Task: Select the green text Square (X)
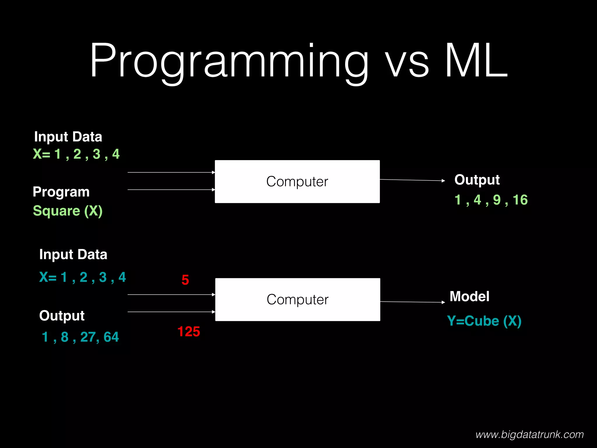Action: coord(68,211)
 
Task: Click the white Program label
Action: coord(61,192)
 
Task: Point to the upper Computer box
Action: coord(297,181)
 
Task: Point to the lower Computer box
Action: coord(297,300)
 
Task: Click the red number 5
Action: coord(185,280)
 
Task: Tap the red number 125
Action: coord(189,332)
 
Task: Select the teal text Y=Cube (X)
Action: coord(484,321)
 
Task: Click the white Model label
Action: coord(469,297)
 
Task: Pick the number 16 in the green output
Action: coord(520,200)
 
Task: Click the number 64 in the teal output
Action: coord(111,337)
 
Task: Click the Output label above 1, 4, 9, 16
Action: coord(477,180)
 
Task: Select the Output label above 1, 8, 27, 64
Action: coord(62,316)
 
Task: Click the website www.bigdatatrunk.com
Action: coord(529,435)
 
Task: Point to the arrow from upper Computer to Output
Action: coord(412,180)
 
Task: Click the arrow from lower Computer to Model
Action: coord(412,302)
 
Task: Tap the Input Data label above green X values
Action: coord(68,137)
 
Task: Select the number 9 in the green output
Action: coord(497,200)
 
